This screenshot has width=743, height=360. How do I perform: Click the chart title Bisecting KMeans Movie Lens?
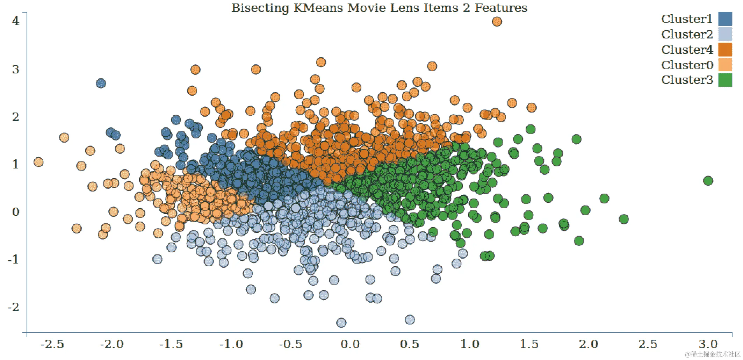click(x=379, y=8)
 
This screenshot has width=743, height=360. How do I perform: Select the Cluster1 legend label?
click(x=687, y=19)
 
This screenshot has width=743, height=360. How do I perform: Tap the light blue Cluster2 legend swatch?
click(x=725, y=34)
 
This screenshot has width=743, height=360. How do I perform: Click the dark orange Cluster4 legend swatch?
click(x=725, y=50)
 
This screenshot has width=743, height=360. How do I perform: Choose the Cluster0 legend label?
click(x=687, y=65)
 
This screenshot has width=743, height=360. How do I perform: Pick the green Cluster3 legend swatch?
click(x=725, y=80)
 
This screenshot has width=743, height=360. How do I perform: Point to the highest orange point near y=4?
click(x=497, y=22)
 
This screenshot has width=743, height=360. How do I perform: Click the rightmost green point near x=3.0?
click(x=708, y=181)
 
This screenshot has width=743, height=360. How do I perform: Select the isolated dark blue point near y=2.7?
click(x=101, y=84)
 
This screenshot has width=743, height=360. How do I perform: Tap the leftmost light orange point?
click(x=38, y=162)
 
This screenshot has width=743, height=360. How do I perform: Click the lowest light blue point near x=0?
click(x=341, y=323)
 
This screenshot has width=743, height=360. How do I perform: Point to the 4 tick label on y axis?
click(x=15, y=21)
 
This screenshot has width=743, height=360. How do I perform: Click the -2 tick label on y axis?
click(x=14, y=307)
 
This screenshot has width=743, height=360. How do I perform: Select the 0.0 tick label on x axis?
click(x=350, y=344)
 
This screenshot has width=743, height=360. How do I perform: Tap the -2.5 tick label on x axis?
click(x=52, y=344)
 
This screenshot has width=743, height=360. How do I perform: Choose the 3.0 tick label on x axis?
click(x=708, y=344)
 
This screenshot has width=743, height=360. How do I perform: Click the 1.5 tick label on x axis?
click(x=529, y=344)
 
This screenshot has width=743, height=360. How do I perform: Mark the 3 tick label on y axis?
click(x=15, y=69)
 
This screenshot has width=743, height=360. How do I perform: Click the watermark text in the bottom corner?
click(x=713, y=354)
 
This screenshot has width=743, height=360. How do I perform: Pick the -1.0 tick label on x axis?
click(x=231, y=344)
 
